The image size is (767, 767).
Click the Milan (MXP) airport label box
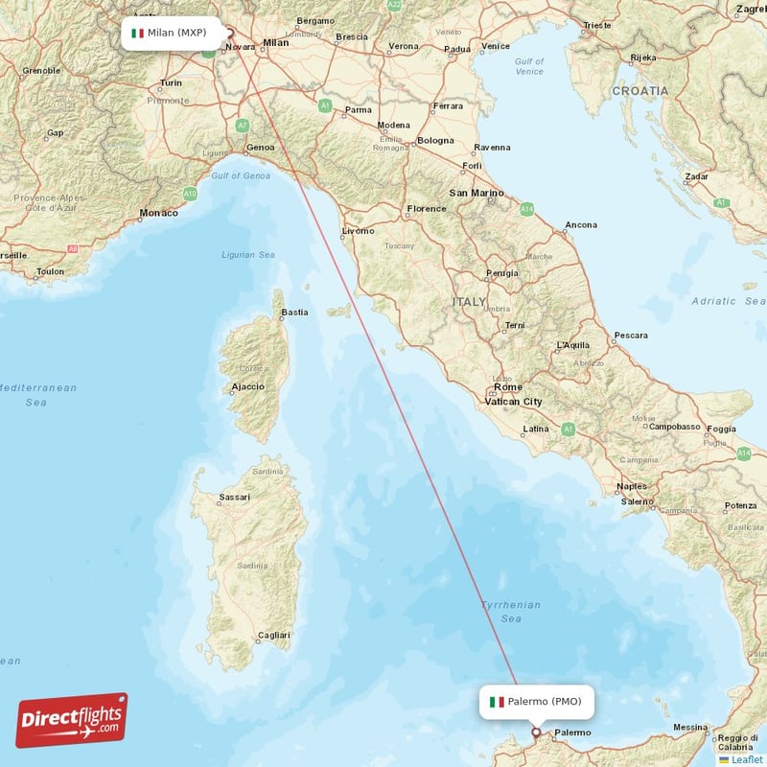click(170, 33)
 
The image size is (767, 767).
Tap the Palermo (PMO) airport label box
click(537, 702)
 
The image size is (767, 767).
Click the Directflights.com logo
click(72, 720)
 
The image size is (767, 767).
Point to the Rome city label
click(508, 387)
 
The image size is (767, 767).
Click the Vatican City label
click(513, 402)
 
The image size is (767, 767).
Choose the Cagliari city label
click(272, 635)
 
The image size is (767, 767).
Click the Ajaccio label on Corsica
click(247, 387)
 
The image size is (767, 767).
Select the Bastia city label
click(294, 312)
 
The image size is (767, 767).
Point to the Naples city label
click(632, 486)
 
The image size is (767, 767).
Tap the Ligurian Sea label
click(247, 255)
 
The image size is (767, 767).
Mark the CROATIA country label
click(639, 90)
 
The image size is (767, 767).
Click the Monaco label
click(158, 213)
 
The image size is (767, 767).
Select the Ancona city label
click(580, 225)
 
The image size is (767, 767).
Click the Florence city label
click(427, 208)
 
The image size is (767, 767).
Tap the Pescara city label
click(630, 336)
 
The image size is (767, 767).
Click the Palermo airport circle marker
click(536, 733)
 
